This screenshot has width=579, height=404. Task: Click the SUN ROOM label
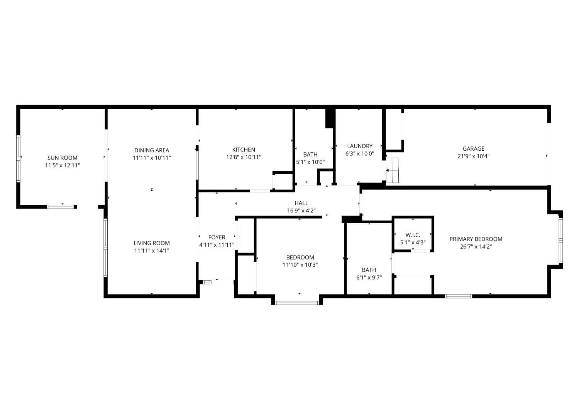pos(62,158)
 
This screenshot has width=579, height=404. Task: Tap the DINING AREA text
pos(152,150)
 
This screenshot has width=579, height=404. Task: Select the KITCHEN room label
pos(244,150)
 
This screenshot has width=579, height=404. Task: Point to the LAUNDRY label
pos(360,146)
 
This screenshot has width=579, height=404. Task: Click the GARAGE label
pos(474,149)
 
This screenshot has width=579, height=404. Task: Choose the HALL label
pos(301,203)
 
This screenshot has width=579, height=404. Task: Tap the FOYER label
pos(217,237)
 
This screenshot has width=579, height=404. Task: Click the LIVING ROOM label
pos(152,243)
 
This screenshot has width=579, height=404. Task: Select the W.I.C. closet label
pos(413,235)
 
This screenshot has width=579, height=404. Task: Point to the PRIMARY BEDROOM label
pos(476,239)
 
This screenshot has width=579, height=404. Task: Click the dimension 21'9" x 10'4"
pos(474,156)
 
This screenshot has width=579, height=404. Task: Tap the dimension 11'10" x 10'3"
pos(300,264)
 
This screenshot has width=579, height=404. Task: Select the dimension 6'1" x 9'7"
pos(369,278)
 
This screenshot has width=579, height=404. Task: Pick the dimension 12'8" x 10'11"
pos(244,157)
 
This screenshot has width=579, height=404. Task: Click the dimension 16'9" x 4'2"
pos(301,210)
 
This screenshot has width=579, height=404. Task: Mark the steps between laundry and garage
pos(392,170)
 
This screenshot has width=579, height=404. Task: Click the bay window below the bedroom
pos(297,303)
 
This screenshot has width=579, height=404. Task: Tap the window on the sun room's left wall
pos(19,159)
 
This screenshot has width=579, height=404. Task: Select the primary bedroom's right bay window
pos(560,240)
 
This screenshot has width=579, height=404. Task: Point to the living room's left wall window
pos(105,248)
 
